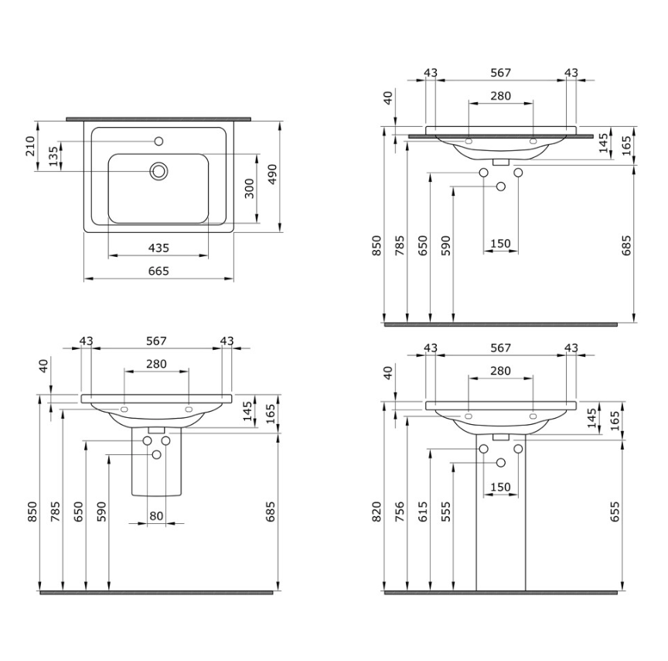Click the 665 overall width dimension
click(x=158, y=271)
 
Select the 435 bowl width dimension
click(x=158, y=248)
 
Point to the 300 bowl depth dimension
click(x=249, y=188)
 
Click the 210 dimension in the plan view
click(x=30, y=146)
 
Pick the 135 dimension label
click(x=53, y=156)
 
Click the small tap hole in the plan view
click(x=159, y=141)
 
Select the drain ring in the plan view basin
click(x=159, y=171)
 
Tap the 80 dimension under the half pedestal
click(x=156, y=516)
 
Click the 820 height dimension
click(x=377, y=511)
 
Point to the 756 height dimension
click(x=400, y=511)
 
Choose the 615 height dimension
click(x=423, y=511)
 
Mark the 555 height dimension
click(x=446, y=511)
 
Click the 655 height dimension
click(x=615, y=511)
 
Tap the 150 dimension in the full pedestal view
click(x=500, y=487)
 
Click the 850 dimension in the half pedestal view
click(x=32, y=511)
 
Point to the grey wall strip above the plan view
click(x=159, y=119)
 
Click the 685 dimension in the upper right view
click(x=626, y=245)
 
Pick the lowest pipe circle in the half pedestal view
click(x=157, y=454)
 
